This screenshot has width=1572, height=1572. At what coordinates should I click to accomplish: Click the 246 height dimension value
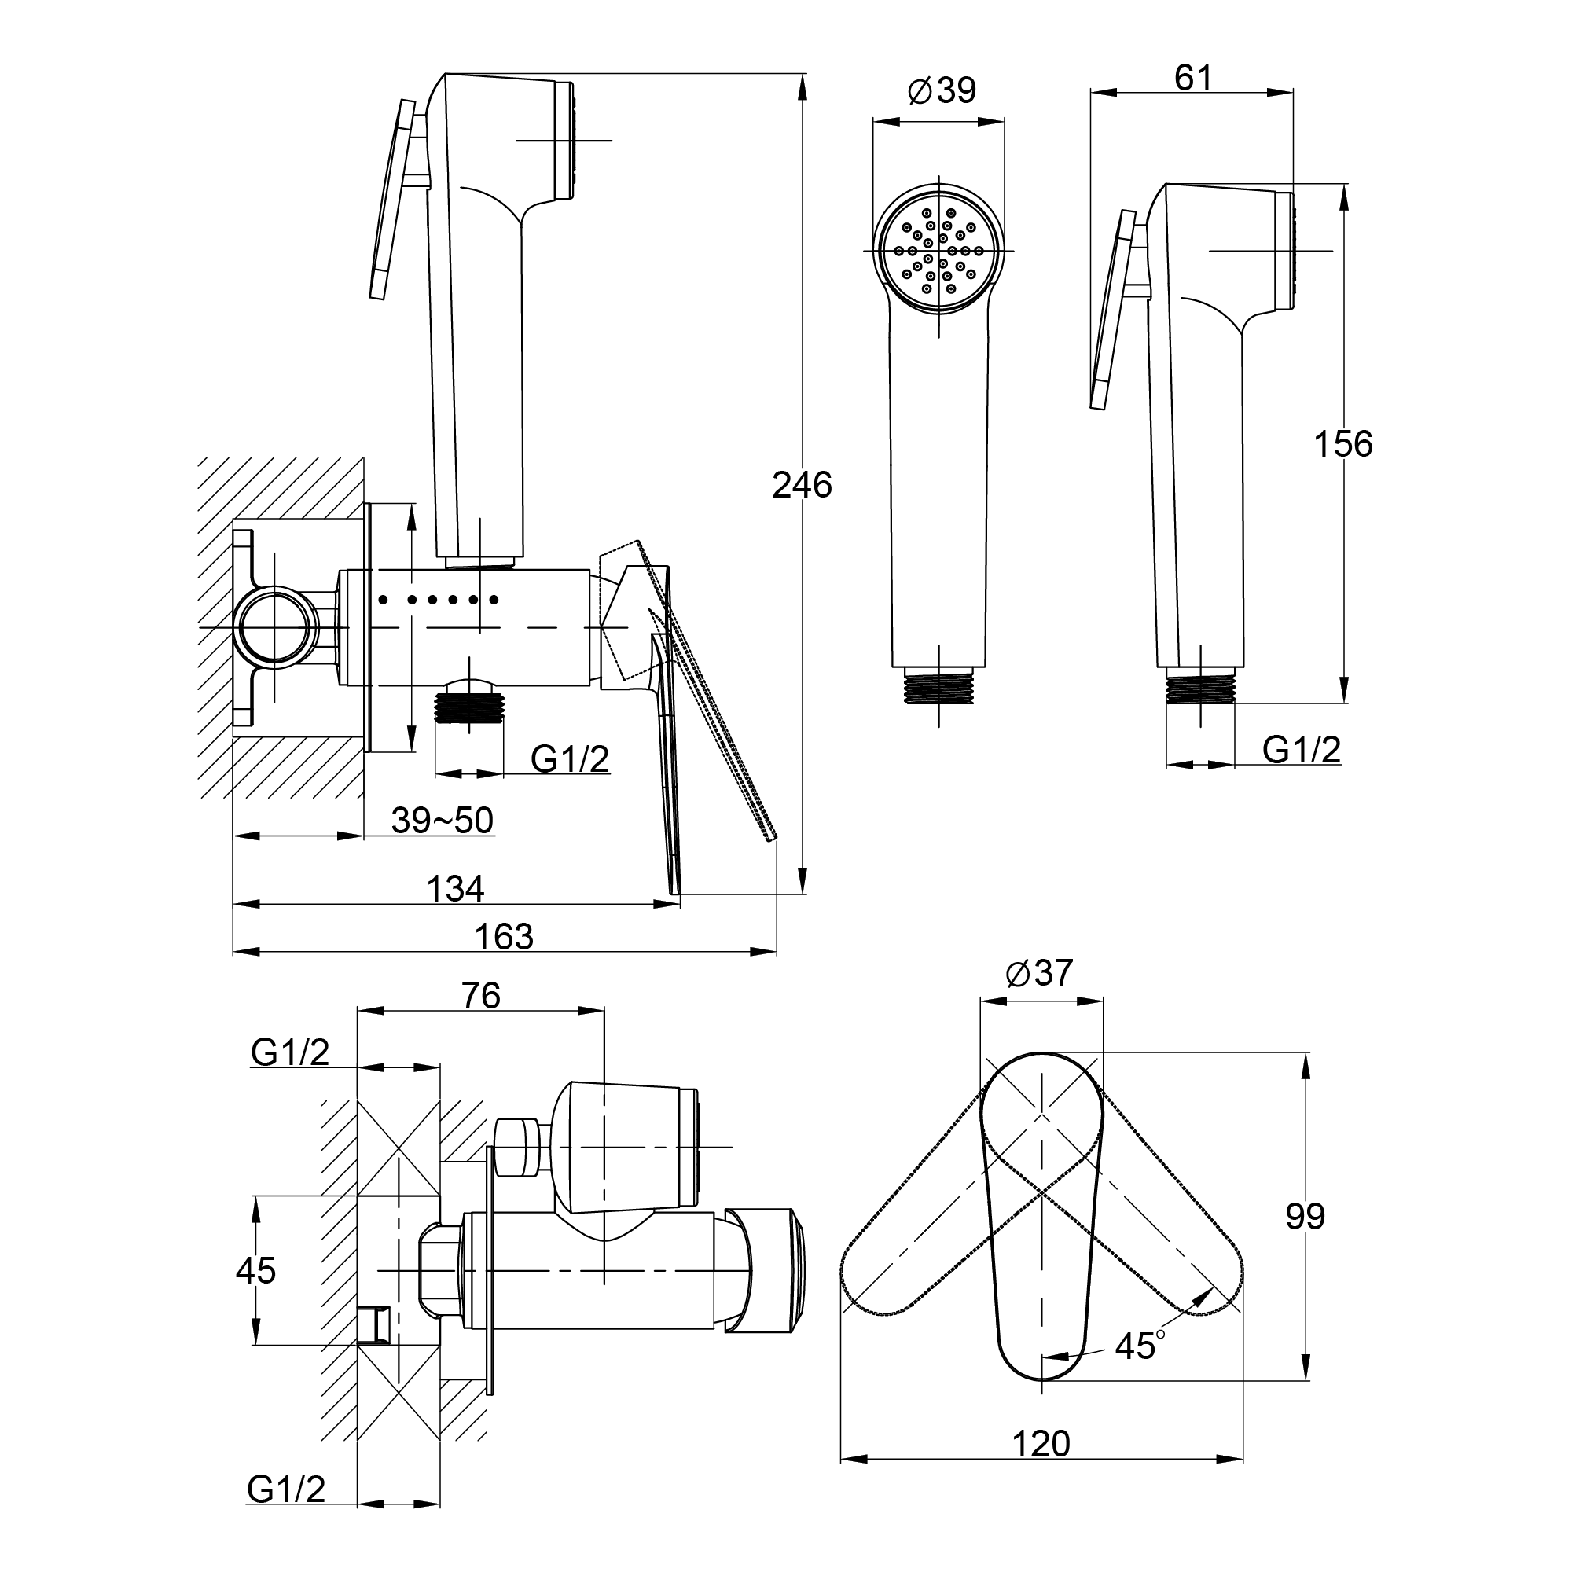pyautogui.click(x=802, y=485)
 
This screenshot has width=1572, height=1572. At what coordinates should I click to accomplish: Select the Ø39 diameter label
pyautogui.click(x=942, y=90)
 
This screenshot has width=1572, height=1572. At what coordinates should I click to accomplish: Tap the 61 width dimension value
pyautogui.click(x=1193, y=78)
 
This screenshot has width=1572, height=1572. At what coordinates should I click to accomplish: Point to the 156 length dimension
pyautogui.click(x=1343, y=444)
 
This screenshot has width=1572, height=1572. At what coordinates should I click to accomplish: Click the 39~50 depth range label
pyautogui.click(x=442, y=820)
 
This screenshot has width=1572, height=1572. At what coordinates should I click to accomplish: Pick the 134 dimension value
pyautogui.click(x=456, y=888)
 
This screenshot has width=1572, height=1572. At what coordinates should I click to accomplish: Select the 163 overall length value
pyautogui.click(x=504, y=937)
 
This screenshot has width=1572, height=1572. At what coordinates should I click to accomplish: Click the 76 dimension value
pyautogui.click(x=481, y=996)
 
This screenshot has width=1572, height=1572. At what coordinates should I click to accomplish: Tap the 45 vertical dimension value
pyautogui.click(x=255, y=1270)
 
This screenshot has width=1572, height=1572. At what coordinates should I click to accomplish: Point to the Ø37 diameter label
pyautogui.click(x=1039, y=973)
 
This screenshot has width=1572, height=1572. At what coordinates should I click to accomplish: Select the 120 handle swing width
pyautogui.click(x=1041, y=1444)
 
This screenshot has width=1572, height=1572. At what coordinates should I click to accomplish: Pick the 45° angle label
pyautogui.click(x=1140, y=1346)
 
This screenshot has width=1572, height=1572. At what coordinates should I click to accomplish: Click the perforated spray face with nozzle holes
pyautogui.click(x=939, y=251)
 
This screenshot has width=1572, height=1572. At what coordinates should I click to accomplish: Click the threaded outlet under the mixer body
pyautogui.click(x=469, y=707)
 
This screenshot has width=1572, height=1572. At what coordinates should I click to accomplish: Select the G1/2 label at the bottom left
pyautogui.click(x=286, y=1489)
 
